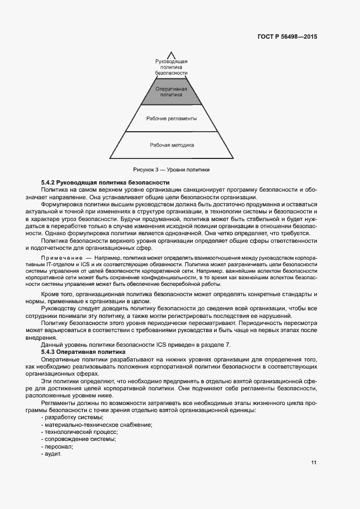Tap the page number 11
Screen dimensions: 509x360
click(x=314, y=463)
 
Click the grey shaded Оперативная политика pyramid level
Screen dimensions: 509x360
click(x=172, y=91)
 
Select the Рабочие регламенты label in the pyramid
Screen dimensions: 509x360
click(x=172, y=118)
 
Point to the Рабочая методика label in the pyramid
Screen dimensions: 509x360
click(x=172, y=145)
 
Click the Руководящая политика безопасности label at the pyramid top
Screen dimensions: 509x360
click(x=172, y=66)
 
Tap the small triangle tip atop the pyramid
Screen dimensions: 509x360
click(x=172, y=54)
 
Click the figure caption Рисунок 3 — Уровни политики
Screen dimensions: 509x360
click(x=171, y=169)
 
